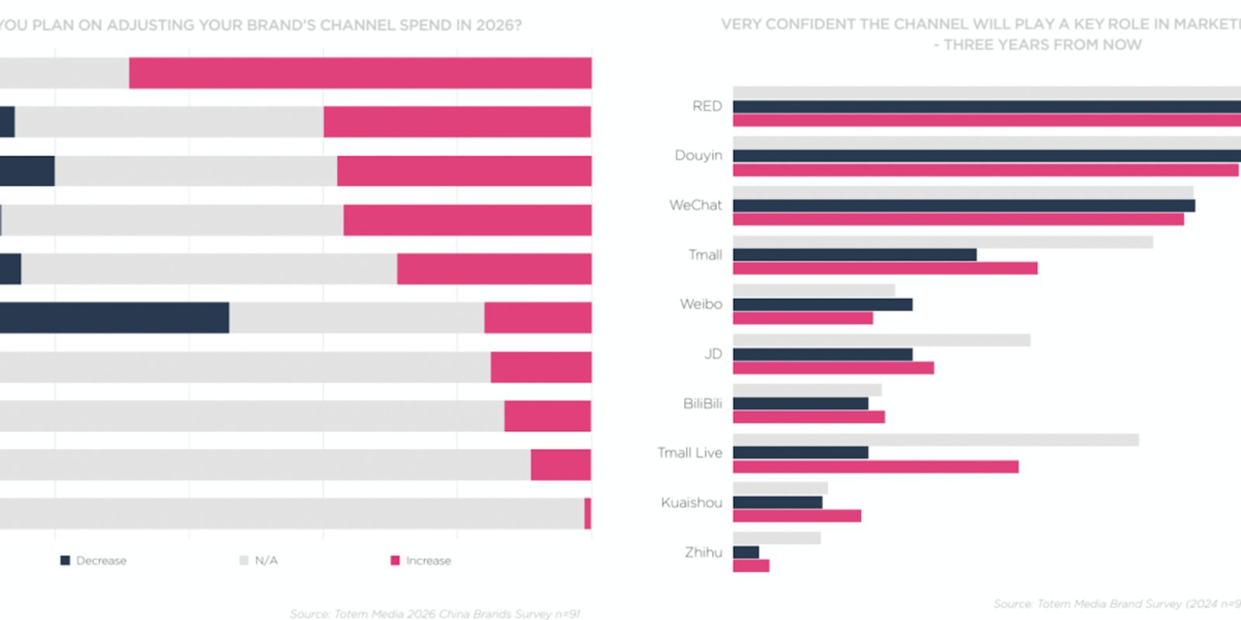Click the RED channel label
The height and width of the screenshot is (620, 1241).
707,106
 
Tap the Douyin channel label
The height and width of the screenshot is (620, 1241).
698,156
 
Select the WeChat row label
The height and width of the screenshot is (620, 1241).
695,205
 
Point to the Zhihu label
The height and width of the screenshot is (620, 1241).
703,553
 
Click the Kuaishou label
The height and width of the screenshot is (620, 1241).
691,503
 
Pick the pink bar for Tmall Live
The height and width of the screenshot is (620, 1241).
875,467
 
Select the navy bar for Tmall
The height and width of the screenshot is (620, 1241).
854,254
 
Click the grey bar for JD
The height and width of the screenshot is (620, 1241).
881,340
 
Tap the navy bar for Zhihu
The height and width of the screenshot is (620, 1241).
745,553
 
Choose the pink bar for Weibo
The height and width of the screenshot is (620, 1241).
803,318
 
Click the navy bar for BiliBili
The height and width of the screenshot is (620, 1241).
800,404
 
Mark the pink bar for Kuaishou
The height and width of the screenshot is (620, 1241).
797,516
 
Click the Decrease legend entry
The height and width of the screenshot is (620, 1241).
94,560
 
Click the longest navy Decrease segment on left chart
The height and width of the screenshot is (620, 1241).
114,318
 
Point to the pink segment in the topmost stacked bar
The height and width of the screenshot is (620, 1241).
360,73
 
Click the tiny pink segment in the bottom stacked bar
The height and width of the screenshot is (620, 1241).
588,514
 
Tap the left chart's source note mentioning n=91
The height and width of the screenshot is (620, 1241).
434,614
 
